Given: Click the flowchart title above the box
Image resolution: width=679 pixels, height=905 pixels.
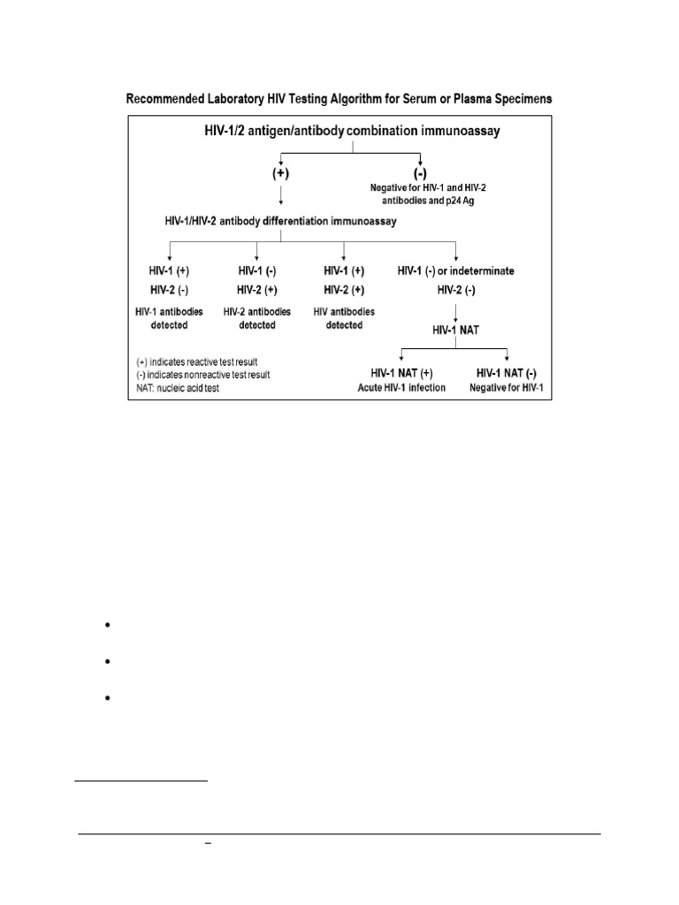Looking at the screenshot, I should click(x=340, y=100).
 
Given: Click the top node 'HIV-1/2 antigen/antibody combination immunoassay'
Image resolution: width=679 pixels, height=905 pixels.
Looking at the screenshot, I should click(x=354, y=131).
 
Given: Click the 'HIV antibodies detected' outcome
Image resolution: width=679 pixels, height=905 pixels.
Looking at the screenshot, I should click(x=344, y=318).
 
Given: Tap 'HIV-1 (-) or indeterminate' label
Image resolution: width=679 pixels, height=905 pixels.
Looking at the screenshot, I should click(x=455, y=270).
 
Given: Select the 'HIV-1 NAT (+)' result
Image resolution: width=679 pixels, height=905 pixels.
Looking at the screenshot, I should click(x=403, y=372).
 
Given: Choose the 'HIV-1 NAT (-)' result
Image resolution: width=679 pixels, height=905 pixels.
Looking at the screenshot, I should click(x=507, y=372).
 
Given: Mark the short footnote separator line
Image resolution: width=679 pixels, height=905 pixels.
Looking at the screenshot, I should click(x=141, y=781).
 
